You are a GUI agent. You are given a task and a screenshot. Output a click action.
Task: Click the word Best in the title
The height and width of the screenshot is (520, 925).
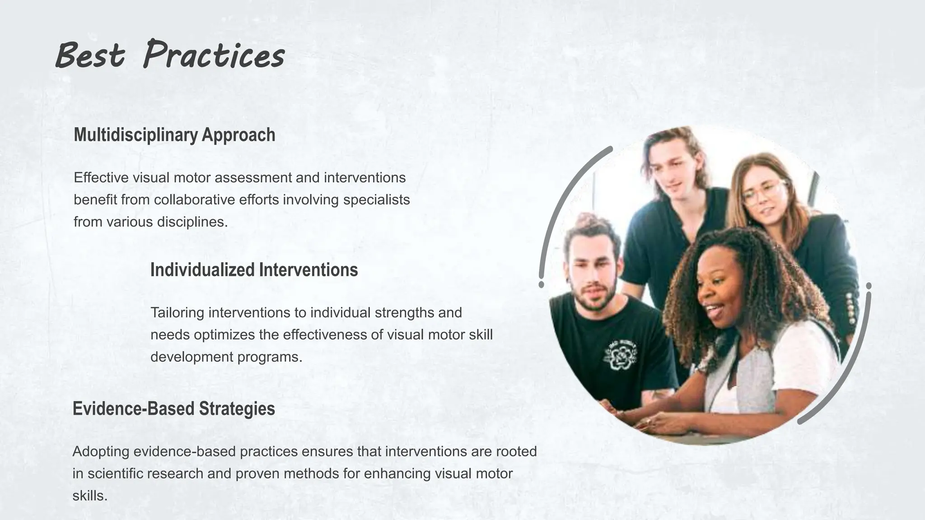pyautogui.click(x=90, y=56)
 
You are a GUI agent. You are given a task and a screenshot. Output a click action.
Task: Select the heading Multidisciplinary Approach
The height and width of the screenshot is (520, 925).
pyautogui.click(x=174, y=135)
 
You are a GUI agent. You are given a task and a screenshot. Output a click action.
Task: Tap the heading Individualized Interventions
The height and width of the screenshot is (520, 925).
pyautogui.click(x=254, y=270)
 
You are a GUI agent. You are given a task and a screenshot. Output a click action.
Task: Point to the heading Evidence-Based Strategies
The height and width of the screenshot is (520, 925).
pyautogui.click(x=174, y=409)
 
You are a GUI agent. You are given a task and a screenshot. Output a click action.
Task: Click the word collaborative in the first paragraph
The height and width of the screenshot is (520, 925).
pyautogui.click(x=194, y=200)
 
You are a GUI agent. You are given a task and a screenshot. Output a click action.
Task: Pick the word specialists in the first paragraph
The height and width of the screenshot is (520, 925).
pyautogui.click(x=376, y=200)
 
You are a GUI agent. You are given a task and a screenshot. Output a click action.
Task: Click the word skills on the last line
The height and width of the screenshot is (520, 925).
pyautogui.click(x=90, y=495)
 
